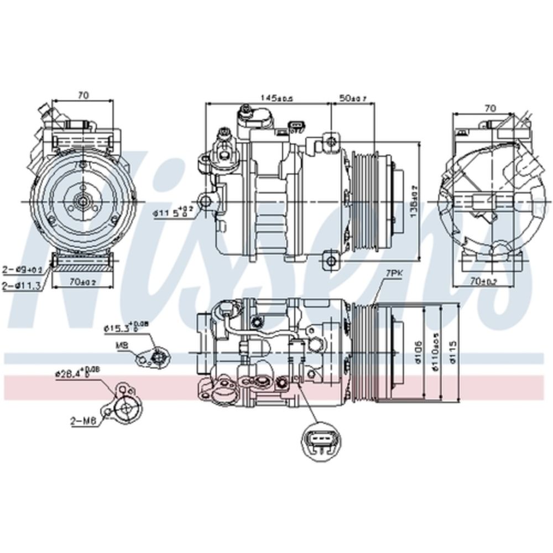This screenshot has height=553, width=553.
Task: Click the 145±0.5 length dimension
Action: pyautogui.click(x=276, y=97)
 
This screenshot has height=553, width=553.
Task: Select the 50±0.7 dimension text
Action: pyautogui.click(x=353, y=98)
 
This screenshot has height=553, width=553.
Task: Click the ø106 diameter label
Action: pyautogui.click(x=421, y=351)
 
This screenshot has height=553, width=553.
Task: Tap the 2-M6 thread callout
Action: pyautogui.click(x=84, y=422)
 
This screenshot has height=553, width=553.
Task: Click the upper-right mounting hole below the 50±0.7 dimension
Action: pyautogui.click(x=331, y=138)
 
